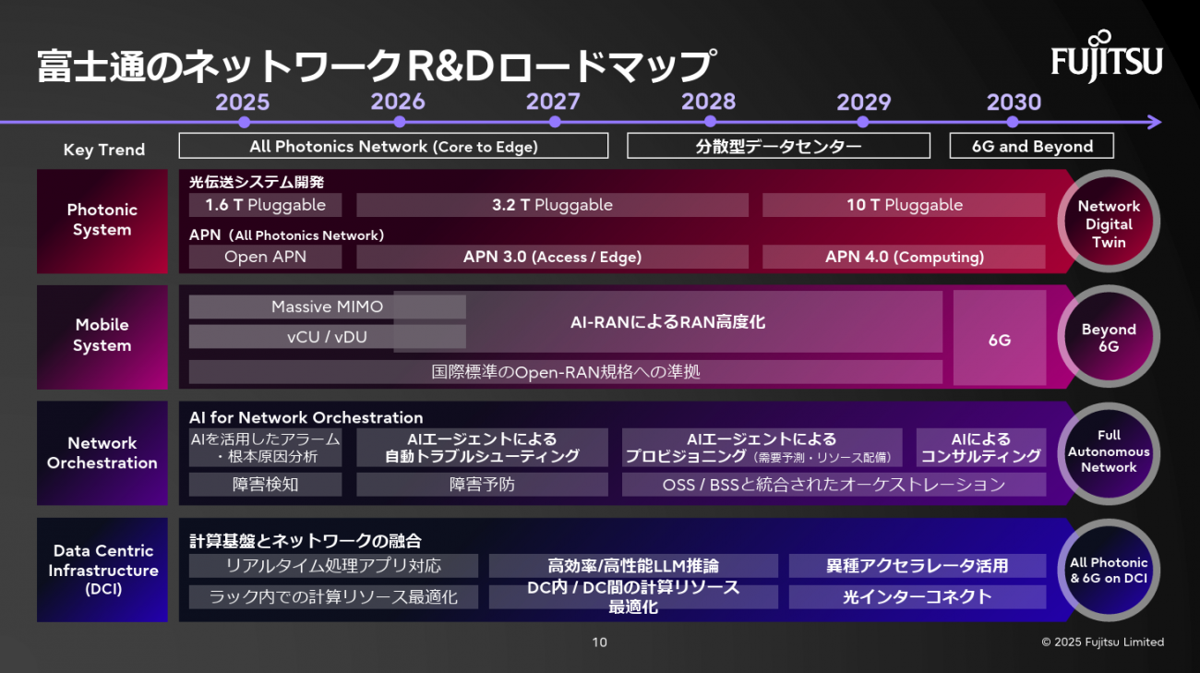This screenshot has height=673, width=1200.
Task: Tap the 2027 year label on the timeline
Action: pos(553,102)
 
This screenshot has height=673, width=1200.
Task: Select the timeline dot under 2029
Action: pos(862,122)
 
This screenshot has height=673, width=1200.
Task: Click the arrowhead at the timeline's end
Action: pos(1155,122)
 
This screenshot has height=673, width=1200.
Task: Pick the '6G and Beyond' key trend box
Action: pos(1032,146)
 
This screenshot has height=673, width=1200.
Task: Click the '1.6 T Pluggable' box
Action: pos(265,205)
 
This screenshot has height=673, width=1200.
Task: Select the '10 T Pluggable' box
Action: pos(904,205)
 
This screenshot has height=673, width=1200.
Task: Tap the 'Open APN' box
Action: pos(265,257)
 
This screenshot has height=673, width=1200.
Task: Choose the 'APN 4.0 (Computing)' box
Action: pos(904,257)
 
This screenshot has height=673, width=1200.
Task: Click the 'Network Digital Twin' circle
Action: pos(1108,223)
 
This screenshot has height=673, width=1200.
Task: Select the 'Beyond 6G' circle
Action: pos(1108,338)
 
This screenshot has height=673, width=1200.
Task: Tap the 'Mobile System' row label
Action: pos(102,336)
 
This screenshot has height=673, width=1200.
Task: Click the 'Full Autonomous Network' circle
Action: pos(1108,451)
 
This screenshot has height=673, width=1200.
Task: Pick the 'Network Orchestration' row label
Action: pos(102,452)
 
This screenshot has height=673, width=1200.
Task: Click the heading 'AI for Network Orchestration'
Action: pos(306,417)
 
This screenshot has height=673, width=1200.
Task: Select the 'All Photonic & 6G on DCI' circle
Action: pos(1108,570)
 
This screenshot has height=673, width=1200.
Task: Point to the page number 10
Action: pos(600,643)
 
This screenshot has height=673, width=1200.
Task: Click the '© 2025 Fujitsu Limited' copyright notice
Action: pos(1102,642)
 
